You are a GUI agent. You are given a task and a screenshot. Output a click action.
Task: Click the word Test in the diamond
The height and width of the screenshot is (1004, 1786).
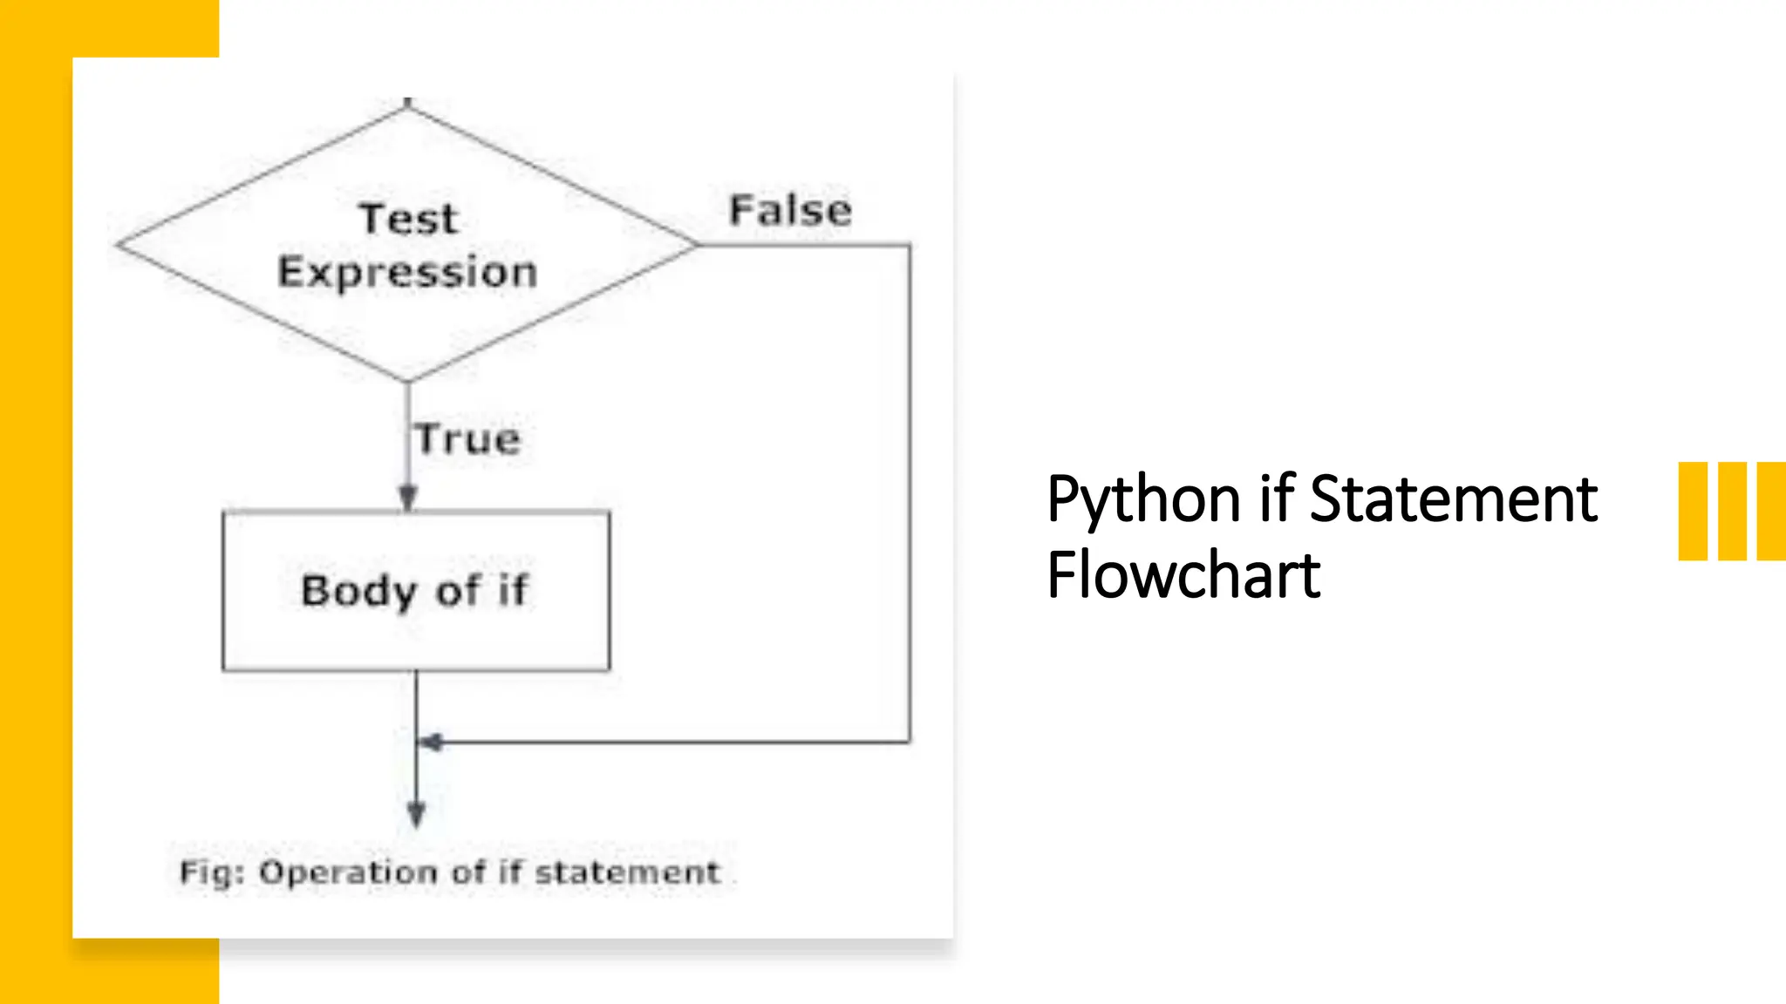408,218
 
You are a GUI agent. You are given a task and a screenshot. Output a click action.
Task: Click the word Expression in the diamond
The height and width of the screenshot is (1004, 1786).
407,272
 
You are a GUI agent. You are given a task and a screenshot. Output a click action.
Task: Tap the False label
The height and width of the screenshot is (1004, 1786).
790,210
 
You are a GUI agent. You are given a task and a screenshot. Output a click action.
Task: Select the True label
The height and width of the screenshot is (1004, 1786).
467,438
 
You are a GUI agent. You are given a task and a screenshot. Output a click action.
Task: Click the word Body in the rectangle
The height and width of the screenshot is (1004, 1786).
358,591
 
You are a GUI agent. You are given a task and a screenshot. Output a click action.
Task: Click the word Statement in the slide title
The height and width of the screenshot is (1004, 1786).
1453,499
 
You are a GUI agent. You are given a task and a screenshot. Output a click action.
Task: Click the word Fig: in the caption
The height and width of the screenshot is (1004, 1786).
212,872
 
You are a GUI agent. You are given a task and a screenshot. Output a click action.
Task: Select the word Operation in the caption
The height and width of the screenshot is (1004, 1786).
350,872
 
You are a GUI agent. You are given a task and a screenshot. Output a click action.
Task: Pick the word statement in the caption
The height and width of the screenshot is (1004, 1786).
627,872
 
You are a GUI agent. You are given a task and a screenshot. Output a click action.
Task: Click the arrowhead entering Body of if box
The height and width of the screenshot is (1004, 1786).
408,499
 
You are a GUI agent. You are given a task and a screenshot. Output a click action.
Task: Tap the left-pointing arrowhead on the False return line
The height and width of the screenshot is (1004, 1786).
430,743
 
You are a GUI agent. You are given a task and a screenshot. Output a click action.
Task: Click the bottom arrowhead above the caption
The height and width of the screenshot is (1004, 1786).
417,815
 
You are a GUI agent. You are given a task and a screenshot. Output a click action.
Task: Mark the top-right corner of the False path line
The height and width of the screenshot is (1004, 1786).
910,245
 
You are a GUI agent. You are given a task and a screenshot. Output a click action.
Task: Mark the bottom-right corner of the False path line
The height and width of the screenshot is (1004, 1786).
910,743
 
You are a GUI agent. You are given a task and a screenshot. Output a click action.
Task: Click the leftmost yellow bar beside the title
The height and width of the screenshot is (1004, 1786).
1693,511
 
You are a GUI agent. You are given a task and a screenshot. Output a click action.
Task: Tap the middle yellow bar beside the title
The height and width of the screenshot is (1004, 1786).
1732,511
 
